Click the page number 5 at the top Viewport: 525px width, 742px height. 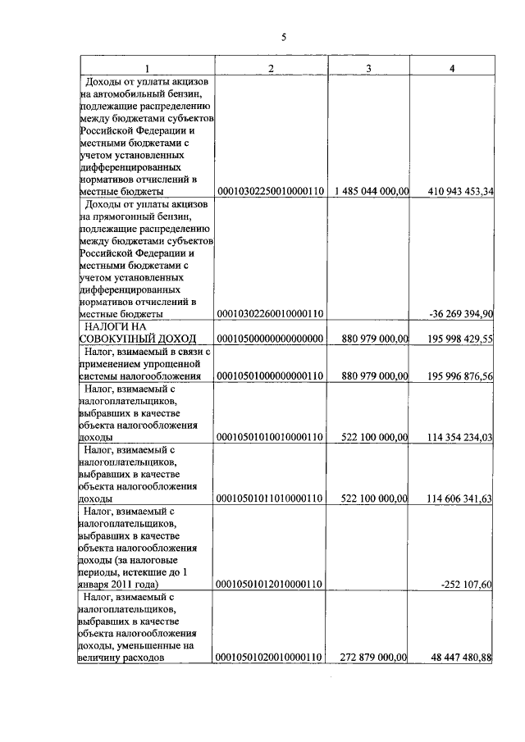pyautogui.click(x=283, y=37)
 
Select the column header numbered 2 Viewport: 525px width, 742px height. pyautogui.click(x=271, y=67)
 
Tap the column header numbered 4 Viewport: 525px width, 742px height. pyautogui.click(x=452, y=67)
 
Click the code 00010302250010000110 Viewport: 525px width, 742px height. pyautogui.click(x=271, y=192)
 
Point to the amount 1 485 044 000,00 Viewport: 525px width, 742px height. pyautogui.click(x=372, y=192)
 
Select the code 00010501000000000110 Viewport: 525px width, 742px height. pyautogui.click(x=271, y=376)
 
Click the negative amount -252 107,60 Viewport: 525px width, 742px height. pyautogui.click(x=465, y=584)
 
